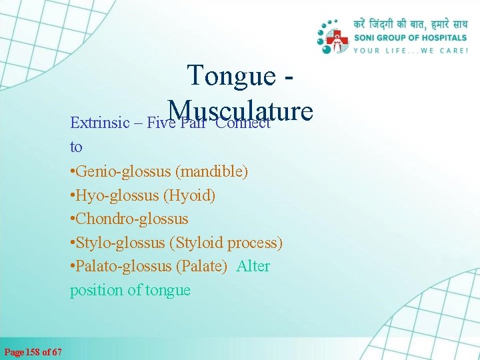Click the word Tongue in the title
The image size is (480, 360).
(231, 75)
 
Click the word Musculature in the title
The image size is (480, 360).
(241, 110)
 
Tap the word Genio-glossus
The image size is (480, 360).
(123, 171)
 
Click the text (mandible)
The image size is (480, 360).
(212, 171)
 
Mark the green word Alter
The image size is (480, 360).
(253, 267)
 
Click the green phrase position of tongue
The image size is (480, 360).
(130, 291)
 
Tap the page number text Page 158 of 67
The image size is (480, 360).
(33, 351)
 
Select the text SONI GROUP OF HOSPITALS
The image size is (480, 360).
(410, 38)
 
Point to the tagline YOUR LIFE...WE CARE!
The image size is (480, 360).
(410, 50)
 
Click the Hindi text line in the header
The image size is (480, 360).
(409, 25)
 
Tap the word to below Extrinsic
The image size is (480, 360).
(76, 147)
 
